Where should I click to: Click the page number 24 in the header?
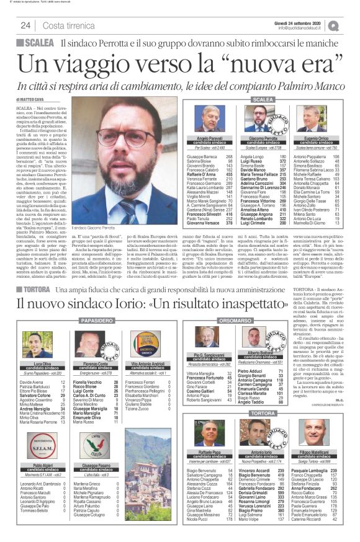pyautogui.click(x=26, y=25)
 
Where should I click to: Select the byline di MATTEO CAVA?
pyautogui.click(x=31, y=99)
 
